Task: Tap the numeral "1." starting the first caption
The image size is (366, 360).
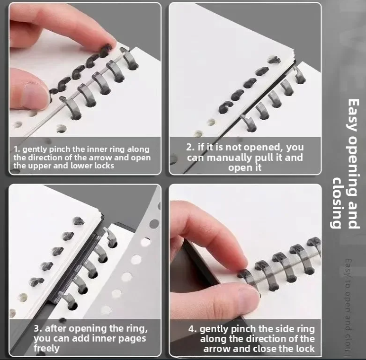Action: pyautogui.click(x=17, y=149)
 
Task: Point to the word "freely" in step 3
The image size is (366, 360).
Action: pyautogui.click(x=46, y=348)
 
